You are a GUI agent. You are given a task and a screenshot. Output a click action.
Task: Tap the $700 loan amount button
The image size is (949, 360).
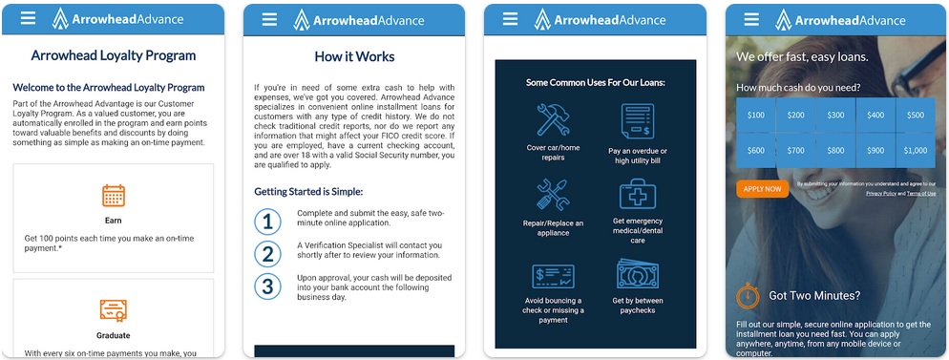[x=796, y=150]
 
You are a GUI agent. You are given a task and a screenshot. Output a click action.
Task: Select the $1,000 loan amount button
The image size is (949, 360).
[x=916, y=150]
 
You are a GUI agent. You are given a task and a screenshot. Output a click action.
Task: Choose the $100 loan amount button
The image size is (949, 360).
[x=756, y=116]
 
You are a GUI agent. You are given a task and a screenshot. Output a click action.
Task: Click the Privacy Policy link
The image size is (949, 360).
[x=881, y=193]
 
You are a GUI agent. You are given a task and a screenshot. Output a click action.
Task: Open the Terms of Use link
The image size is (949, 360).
[x=921, y=193]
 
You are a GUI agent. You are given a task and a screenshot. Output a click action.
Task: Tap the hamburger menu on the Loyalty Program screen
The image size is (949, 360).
[x=29, y=18]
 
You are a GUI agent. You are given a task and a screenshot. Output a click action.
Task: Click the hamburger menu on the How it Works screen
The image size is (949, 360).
[x=269, y=18]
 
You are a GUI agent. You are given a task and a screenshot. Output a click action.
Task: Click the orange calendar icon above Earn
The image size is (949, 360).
[x=114, y=196]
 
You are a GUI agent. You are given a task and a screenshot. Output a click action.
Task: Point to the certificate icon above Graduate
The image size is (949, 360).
[x=114, y=310]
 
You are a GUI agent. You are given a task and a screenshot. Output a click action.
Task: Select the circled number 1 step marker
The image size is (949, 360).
[x=268, y=222]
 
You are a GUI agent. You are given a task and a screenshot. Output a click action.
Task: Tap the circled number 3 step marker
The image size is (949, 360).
[x=268, y=286]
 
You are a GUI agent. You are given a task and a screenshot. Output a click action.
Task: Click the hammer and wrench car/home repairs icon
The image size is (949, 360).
[x=552, y=121]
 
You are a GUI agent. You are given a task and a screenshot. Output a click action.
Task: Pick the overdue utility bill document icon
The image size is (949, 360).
[x=637, y=122]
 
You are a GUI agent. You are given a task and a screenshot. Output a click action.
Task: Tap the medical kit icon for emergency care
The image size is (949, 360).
[x=637, y=195]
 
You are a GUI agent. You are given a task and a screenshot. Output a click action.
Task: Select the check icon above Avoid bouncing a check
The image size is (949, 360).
[x=552, y=277]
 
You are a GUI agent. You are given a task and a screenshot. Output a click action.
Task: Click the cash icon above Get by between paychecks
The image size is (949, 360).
[x=637, y=276]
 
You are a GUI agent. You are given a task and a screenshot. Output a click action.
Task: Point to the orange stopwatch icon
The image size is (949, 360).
[x=748, y=296]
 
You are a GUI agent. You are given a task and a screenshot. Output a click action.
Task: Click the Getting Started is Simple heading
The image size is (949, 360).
[x=308, y=191]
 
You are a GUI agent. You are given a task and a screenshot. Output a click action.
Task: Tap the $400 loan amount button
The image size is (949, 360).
[x=875, y=116]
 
